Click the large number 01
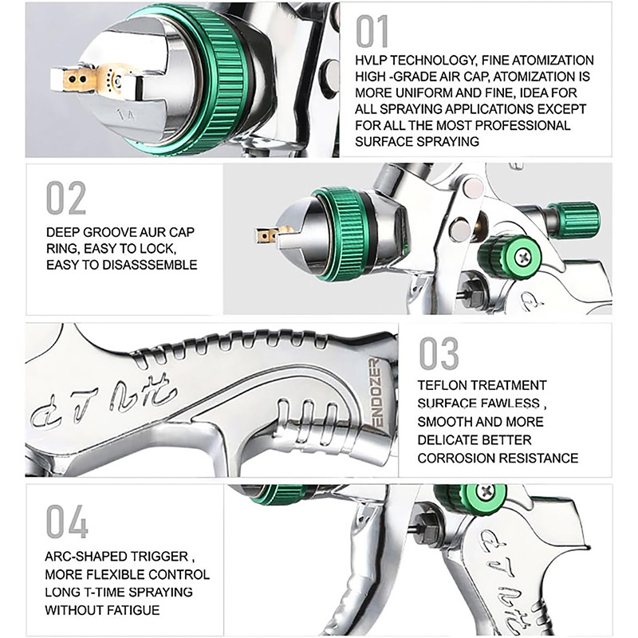pyautogui.click(x=372, y=32)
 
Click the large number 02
pyautogui.click(x=66, y=198)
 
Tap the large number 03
pyautogui.click(x=439, y=353)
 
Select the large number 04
pyautogui.click(x=67, y=522)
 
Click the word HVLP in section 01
pyautogui.click(x=371, y=61)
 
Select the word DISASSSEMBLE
pyautogui.click(x=149, y=265)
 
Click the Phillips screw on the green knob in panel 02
pyautogui.click(x=522, y=256)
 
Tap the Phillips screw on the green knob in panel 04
pyautogui.click(x=486, y=492)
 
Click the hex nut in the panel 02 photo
pyautogui.click(x=471, y=293)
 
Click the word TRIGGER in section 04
pyautogui.click(x=167, y=556)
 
